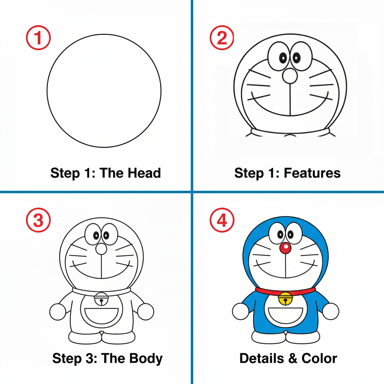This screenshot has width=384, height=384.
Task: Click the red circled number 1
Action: [x=38, y=38]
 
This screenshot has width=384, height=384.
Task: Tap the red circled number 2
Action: [x=222, y=38]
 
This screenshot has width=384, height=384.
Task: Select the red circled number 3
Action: [x=38, y=220]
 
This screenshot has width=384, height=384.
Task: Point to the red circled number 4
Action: [x=222, y=220]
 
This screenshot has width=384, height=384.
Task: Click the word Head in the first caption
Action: [x=144, y=173]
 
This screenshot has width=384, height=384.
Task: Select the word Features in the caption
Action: [x=312, y=173]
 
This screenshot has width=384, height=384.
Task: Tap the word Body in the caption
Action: [x=146, y=358]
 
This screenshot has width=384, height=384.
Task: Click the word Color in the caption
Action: [x=319, y=358]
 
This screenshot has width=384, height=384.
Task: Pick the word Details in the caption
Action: [x=261, y=358]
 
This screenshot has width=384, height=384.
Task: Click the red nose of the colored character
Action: [x=285, y=248]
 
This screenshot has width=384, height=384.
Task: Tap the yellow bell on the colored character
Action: [x=285, y=298]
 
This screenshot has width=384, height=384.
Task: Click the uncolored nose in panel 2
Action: [x=290, y=76]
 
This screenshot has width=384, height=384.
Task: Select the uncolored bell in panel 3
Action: [x=101, y=299]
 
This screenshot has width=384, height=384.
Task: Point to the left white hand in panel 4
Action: [x=241, y=311]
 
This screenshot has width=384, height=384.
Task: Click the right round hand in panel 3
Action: [x=146, y=312]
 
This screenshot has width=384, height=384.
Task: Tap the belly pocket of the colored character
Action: [x=285, y=316]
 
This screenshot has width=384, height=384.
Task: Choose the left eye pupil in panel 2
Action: [x=283, y=58]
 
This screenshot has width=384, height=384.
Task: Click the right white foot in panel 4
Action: [x=303, y=337]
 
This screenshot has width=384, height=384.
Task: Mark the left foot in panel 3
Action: [x=85, y=338]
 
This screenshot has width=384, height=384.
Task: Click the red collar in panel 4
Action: [x=285, y=291]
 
